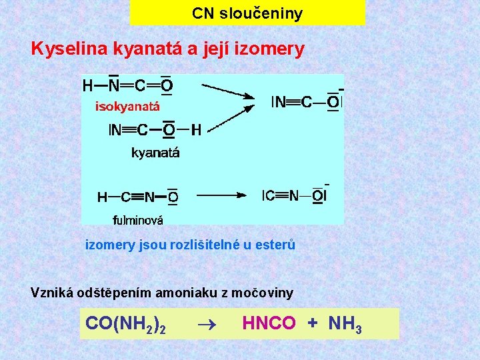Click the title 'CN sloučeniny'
click(247, 13)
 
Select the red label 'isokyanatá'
click(127, 105)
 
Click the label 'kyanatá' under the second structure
click(155, 153)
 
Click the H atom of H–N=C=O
click(88, 85)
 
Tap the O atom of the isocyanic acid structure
click(167, 85)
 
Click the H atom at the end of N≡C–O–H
click(196, 130)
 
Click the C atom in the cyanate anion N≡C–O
click(306, 102)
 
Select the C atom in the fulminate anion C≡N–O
click(269, 195)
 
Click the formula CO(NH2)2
click(125, 324)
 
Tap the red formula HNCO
click(269, 323)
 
